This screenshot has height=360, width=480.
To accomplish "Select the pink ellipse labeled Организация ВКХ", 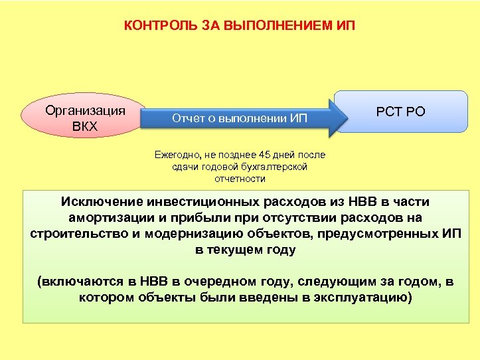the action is [x=84, y=118].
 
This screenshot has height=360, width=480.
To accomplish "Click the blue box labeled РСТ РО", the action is [x=400, y=112].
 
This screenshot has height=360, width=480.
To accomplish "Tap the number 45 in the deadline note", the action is [x=254, y=155].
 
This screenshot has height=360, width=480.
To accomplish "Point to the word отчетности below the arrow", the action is [x=240, y=179].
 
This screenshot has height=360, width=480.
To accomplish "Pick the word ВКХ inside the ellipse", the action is [x=84, y=126].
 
